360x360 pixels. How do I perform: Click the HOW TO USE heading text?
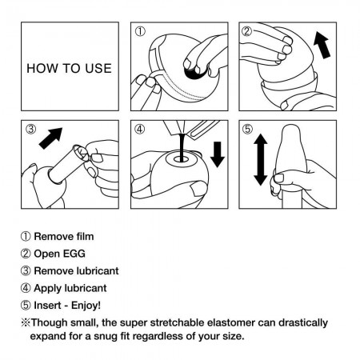(x=70, y=68)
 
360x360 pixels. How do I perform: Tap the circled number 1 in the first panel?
(x=142, y=33)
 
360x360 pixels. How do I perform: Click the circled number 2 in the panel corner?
(x=249, y=33)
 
